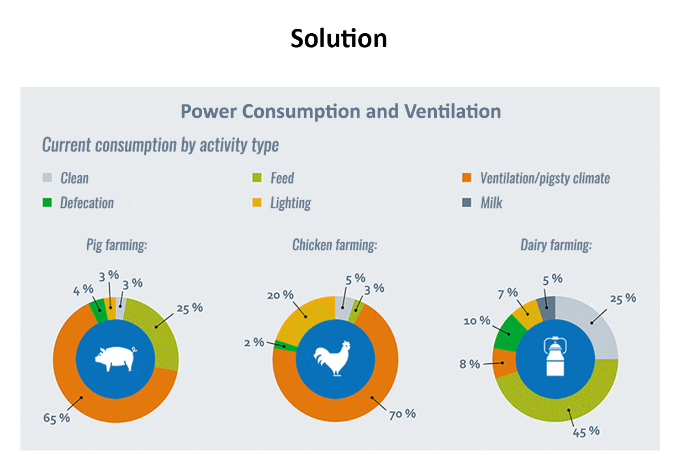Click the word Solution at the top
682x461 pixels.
coord(339,39)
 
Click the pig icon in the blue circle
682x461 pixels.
coord(115,360)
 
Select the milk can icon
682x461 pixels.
coord(556,357)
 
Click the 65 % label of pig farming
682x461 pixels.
coord(57,417)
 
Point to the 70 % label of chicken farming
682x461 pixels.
coord(402,413)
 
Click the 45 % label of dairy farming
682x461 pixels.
coord(586,431)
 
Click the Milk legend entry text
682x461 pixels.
coord(491,203)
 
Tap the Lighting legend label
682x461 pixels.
coord(290,203)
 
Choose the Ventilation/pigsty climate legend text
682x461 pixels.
coord(544,178)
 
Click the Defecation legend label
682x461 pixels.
coord(87,203)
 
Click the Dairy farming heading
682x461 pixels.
coord(556,245)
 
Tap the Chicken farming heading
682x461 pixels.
coord(335,245)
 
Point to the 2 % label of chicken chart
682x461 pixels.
coord(255,342)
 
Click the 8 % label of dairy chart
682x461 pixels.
coord(469,364)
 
